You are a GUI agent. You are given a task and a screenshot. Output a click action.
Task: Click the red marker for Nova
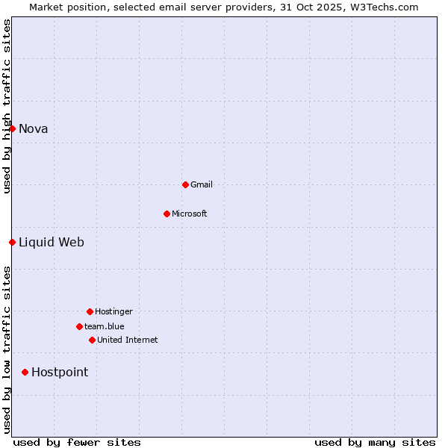[x=12, y=128]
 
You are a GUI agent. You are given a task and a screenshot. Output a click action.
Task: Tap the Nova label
[x=34, y=128]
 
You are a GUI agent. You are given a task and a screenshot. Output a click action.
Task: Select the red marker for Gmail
[x=185, y=184]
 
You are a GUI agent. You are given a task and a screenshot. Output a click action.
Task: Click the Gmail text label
[x=202, y=184]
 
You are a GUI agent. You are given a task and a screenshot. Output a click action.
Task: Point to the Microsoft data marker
[x=167, y=214]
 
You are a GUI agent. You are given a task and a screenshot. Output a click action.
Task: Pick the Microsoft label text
[x=190, y=214]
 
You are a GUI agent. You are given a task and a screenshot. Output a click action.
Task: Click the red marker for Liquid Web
[x=12, y=242]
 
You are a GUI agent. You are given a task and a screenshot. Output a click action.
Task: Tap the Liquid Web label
[x=52, y=242]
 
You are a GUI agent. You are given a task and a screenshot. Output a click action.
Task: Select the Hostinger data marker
[x=90, y=311]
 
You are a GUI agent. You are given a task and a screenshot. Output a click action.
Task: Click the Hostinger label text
[x=113, y=311]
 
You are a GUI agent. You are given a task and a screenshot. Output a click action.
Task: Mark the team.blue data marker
[x=79, y=326]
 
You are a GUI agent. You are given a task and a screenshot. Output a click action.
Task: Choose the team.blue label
[x=105, y=326]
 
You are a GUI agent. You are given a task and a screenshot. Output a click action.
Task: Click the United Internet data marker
[x=92, y=340]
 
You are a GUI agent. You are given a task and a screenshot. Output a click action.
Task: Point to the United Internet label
[x=128, y=340]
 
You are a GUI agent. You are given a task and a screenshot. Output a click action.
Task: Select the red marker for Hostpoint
[x=25, y=372]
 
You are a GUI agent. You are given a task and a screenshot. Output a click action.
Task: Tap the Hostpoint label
[x=60, y=372]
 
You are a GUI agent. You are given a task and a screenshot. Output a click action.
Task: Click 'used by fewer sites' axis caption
[x=77, y=442]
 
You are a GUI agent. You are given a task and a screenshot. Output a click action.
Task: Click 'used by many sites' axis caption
[x=375, y=442]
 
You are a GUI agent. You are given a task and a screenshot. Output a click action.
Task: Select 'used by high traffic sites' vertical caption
[x=7, y=106]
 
